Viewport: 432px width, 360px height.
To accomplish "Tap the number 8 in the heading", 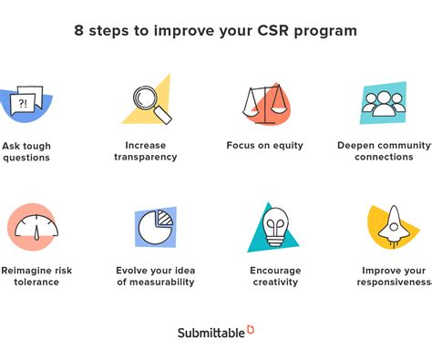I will pos(80,30).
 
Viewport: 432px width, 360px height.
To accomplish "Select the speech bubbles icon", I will pos(26,102).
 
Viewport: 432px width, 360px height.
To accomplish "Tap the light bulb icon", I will pos(273,227).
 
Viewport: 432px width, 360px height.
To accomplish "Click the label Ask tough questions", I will pos(26,151).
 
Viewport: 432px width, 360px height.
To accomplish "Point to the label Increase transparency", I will pos(146,151).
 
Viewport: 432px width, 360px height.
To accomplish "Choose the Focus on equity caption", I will pos(264,146).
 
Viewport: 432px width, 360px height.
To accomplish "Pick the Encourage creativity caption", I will pos(275,276).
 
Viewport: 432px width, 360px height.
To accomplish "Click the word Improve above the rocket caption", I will pos(380,271).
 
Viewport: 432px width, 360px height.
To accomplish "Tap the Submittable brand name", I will pos(211,333).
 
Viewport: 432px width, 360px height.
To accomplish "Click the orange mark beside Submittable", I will pos(251,329).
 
